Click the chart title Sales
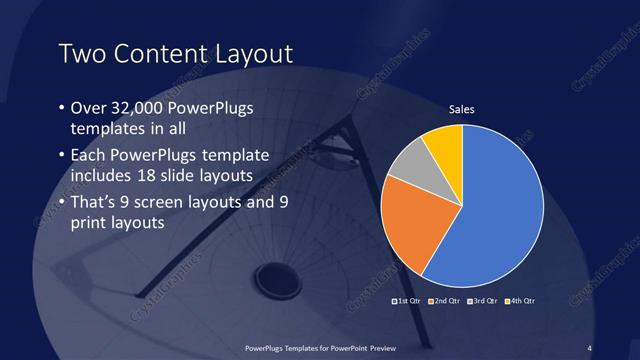click(x=461, y=109)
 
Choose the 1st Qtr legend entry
click(x=408, y=301)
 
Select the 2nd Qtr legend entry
click(x=446, y=301)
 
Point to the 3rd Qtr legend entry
click(x=484, y=301)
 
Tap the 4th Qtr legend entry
click(x=522, y=301)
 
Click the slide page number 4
click(x=590, y=348)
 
